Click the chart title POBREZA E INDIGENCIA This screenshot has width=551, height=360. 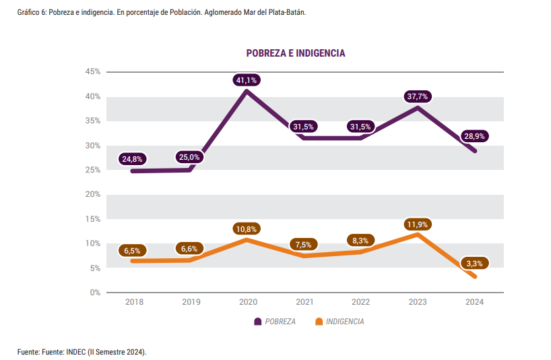tap(296, 53)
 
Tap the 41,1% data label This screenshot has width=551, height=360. tap(247, 80)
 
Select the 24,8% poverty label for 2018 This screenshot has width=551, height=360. tap(132, 159)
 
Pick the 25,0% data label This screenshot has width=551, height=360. tap(189, 157)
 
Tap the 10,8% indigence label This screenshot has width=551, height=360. tap(247, 229)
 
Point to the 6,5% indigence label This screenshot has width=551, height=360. tap(132, 250)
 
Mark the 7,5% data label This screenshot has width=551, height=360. tap(304, 244)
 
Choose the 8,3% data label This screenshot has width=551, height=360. tap(360, 240)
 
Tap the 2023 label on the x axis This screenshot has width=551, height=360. tap(418, 302)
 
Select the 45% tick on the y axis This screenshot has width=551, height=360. tap(93, 71)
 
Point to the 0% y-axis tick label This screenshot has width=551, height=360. tap(95, 292)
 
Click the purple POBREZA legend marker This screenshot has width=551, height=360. tap(257, 322)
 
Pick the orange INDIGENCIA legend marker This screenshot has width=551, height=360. tap(319, 322)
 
